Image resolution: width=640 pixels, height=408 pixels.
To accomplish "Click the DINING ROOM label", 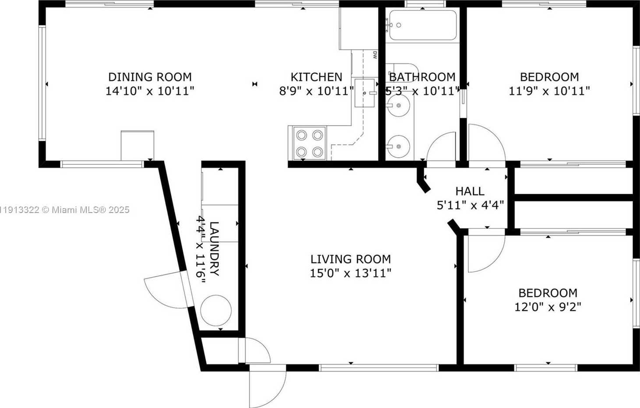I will pos(150,77).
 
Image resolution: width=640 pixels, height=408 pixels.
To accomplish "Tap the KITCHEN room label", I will pos(316,77).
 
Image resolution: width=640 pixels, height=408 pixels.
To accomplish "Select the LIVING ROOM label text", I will pos(350,259).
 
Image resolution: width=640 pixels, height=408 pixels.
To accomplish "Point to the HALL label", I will pos(470,191).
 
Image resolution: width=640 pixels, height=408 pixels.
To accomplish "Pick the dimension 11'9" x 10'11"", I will pos(549,91).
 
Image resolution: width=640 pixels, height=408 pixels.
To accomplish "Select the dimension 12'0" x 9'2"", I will pos(548,307).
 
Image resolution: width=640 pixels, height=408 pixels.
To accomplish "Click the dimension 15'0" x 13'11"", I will pos(350,273).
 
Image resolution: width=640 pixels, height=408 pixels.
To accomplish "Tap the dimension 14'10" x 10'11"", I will pos(150,91).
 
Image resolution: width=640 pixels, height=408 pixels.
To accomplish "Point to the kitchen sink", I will pos(364,93).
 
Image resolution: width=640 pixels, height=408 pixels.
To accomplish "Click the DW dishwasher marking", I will pos(375,55).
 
